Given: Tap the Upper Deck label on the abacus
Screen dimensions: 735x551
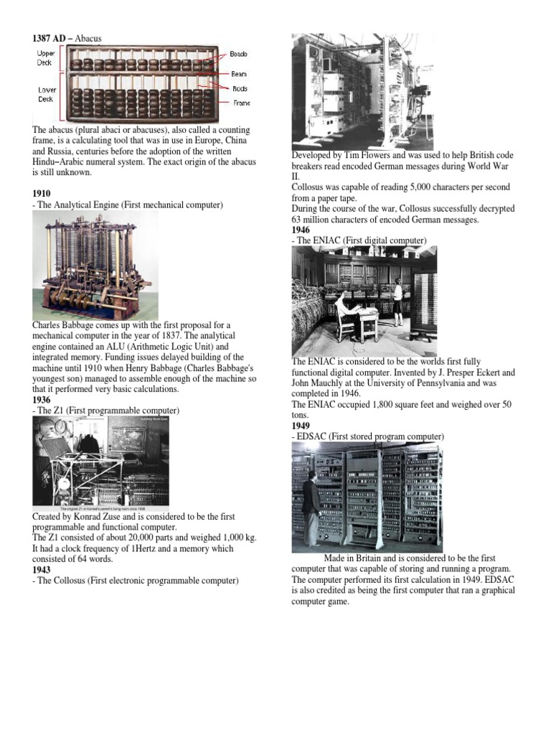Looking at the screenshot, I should click(x=44, y=58).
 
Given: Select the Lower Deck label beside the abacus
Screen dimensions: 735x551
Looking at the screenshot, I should click(x=45, y=95).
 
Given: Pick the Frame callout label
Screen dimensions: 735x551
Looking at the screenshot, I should click(x=240, y=103).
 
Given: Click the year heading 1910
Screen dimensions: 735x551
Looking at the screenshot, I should click(x=42, y=195).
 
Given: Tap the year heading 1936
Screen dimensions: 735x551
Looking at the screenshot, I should click(x=42, y=400).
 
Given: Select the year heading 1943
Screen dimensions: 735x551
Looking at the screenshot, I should click(x=42, y=570).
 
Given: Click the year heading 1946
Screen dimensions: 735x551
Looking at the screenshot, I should click(x=301, y=230).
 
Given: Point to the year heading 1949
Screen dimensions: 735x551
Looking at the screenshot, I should click(x=301, y=426).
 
